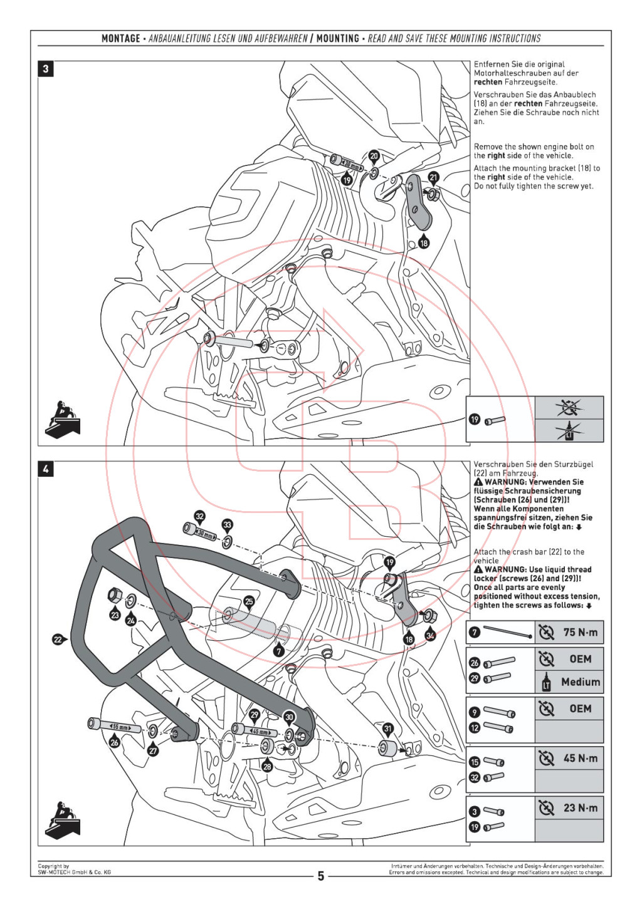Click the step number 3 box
click(x=46, y=68)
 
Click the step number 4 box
click(x=46, y=469)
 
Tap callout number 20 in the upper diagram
click(x=374, y=156)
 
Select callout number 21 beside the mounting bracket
click(x=433, y=178)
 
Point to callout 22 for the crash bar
click(x=58, y=640)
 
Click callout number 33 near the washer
click(x=227, y=525)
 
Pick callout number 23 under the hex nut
click(x=115, y=615)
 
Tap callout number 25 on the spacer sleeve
click(x=249, y=602)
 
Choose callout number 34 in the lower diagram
click(x=430, y=635)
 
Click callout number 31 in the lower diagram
click(x=388, y=728)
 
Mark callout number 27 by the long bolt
click(x=153, y=750)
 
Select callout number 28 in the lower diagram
click(x=267, y=767)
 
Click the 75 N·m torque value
click(x=580, y=632)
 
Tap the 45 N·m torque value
click(x=580, y=758)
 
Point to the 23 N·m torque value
click(x=580, y=808)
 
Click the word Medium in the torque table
click(x=580, y=682)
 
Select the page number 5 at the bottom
click(x=320, y=876)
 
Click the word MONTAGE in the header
click(x=121, y=38)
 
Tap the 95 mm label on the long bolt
click(x=119, y=727)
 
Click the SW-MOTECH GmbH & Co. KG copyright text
click(x=74, y=872)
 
